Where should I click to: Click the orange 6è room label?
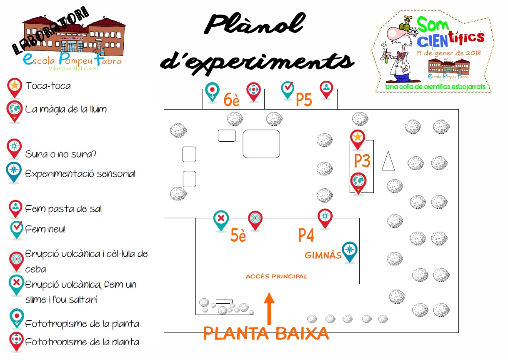[x=232, y=100]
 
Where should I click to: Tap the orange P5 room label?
[x=304, y=100]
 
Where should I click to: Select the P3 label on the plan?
[x=362, y=161]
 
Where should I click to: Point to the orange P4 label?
[x=306, y=235]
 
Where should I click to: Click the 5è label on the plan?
[x=238, y=236]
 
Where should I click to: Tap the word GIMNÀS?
[x=323, y=255]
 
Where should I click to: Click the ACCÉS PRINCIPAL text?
[x=276, y=276]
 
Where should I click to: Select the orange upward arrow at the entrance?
[x=269, y=308]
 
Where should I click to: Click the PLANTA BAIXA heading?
[x=266, y=334]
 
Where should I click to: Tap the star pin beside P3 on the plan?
[x=357, y=139]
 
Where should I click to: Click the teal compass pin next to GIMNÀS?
[x=350, y=251]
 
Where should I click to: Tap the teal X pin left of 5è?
[x=221, y=220]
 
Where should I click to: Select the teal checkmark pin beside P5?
[x=288, y=89]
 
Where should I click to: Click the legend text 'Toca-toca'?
[x=48, y=86]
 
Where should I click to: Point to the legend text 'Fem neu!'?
[x=45, y=229]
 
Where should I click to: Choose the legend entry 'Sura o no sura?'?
[x=61, y=154]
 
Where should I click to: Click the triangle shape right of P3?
[x=388, y=161]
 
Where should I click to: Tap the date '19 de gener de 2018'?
[x=448, y=53]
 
